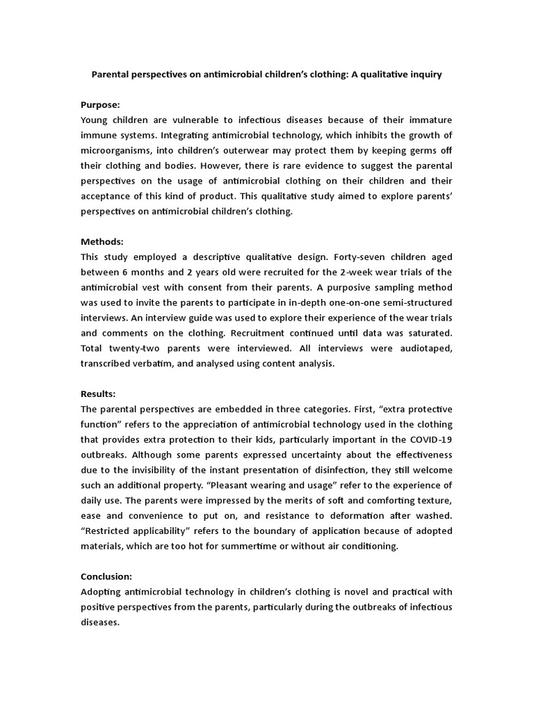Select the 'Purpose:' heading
(101, 104)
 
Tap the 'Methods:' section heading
(102, 241)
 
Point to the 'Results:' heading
(99, 394)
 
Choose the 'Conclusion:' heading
(106, 576)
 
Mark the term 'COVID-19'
(429, 439)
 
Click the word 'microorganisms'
(119, 150)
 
